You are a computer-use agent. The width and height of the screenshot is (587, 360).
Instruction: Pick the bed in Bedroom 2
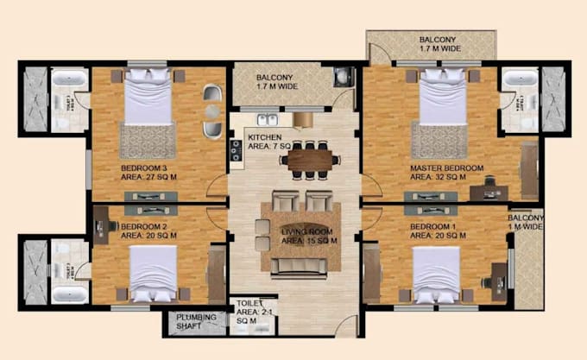tap(154, 272)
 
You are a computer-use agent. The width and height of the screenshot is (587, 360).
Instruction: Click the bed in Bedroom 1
tap(437, 273)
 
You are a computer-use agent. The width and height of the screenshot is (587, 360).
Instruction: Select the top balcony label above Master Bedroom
tap(439, 45)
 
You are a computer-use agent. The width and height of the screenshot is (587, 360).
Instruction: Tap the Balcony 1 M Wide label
tap(526, 222)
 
